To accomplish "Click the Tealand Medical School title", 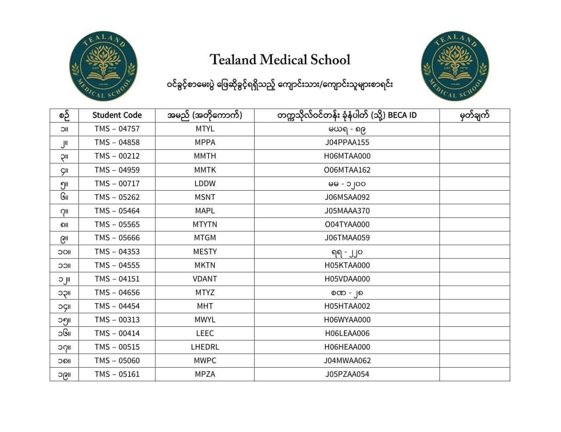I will [280, 60].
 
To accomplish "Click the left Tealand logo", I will [103, 66].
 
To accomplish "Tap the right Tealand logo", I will [454, 66].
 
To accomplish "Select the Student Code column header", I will [117, 115].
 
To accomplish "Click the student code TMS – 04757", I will [117, 129].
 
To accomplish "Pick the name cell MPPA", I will [205, 142].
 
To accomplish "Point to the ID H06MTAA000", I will [347, 156].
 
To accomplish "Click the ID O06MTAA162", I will [347, 170].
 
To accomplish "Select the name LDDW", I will [205, 183].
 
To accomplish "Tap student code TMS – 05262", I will [117, 197].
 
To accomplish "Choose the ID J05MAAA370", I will [347, 211].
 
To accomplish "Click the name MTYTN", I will [205, 224].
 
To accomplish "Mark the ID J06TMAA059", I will [347, 238].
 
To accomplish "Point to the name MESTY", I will [205, 251].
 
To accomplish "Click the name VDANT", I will [205, 279].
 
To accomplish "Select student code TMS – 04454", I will [117, 306].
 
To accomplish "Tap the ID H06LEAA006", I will [347, 333].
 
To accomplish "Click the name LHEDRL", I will [205, 347].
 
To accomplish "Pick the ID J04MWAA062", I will [347, 361].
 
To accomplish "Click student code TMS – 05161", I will [117, 374].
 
